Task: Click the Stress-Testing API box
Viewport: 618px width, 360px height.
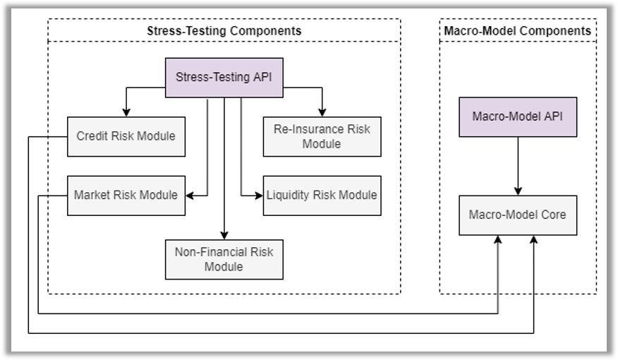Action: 224,78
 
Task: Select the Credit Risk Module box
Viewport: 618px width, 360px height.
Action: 126,136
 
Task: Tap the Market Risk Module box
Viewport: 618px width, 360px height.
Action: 126,196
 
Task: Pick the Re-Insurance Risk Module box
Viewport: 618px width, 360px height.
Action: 322,136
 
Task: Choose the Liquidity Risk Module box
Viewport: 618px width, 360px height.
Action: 322,196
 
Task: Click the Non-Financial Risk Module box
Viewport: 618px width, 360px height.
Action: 224,260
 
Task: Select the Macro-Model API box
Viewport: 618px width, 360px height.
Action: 518,117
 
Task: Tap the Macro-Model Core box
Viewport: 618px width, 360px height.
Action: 518,215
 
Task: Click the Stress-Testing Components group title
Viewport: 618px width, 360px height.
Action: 224,31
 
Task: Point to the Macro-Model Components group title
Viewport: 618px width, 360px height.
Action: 518,31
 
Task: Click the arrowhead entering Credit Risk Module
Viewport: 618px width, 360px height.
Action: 126,112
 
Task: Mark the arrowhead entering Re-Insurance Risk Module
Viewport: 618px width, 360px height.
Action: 322,112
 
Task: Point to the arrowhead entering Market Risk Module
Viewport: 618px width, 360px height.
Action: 190,196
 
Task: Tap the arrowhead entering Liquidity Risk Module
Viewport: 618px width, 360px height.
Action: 259,196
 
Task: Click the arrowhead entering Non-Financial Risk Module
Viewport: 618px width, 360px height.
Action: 224,235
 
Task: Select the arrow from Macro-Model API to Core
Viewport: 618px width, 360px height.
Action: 518,166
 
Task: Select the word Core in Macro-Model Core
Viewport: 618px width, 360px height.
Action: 554,215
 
